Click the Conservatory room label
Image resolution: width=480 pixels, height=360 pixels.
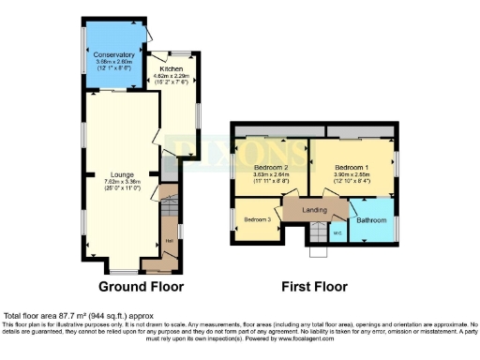coord(114,55)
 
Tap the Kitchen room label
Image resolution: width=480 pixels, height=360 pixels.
coord(171,69)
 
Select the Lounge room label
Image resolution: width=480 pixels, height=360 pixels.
coord(122,174)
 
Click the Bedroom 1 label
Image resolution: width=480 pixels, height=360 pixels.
coord(354,166)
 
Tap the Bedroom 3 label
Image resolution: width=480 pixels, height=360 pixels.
coord(258,219)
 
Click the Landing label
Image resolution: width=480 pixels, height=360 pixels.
coord(314,210)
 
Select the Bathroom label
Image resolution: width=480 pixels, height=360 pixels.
coord(371,220)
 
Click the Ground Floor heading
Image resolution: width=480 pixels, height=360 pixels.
coord(141,287)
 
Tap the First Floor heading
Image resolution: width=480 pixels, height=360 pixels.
coord(314,287)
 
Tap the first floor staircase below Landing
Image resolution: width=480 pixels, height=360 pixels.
coord(317,246)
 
